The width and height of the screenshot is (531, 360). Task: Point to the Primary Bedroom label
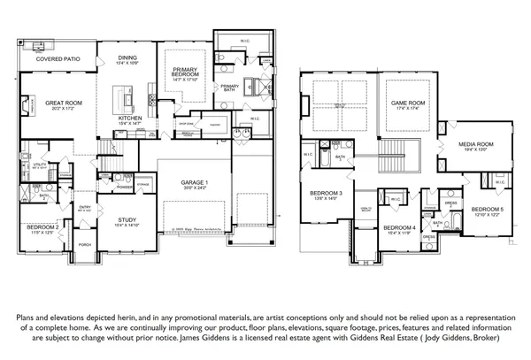point(185,73)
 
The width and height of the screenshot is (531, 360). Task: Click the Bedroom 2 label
point(42,226)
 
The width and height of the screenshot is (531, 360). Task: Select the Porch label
point(85,244)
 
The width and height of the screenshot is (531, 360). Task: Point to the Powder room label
point(125,187)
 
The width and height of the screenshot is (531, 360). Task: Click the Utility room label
point(40,165)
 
